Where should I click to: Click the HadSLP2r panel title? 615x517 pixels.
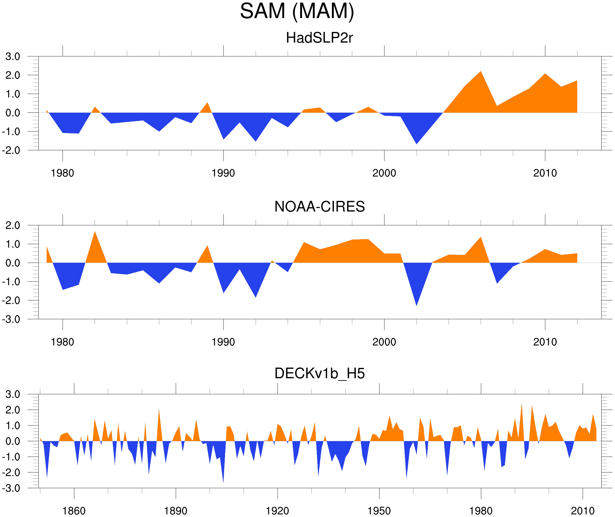319,38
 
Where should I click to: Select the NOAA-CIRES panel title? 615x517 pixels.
319,207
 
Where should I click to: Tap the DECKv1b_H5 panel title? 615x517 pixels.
319,374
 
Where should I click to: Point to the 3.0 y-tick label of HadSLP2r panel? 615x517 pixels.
13,57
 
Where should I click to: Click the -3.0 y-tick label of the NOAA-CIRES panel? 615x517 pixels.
11,320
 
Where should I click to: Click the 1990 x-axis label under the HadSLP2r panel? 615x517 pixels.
223,173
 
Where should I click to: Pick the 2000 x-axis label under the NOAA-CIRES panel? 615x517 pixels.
384,342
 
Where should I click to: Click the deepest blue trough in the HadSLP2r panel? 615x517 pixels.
417,143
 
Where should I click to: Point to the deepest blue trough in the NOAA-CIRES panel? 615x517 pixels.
417,305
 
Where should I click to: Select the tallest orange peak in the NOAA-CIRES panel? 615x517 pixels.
95,232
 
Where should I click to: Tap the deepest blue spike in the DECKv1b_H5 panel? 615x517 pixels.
223,482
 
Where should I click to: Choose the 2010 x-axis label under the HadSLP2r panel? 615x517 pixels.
545,173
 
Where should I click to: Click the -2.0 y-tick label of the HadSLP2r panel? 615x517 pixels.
11,151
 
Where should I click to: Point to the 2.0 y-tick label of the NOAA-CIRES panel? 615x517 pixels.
13,225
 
